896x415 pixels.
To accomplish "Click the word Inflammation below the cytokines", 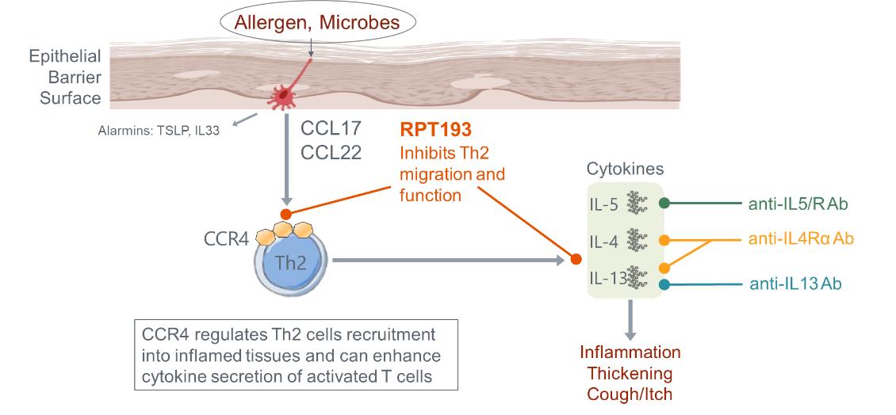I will coord(630,352).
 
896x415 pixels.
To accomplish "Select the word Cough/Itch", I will coord(630,392).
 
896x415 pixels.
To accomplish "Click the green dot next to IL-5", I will coord(665,203).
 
